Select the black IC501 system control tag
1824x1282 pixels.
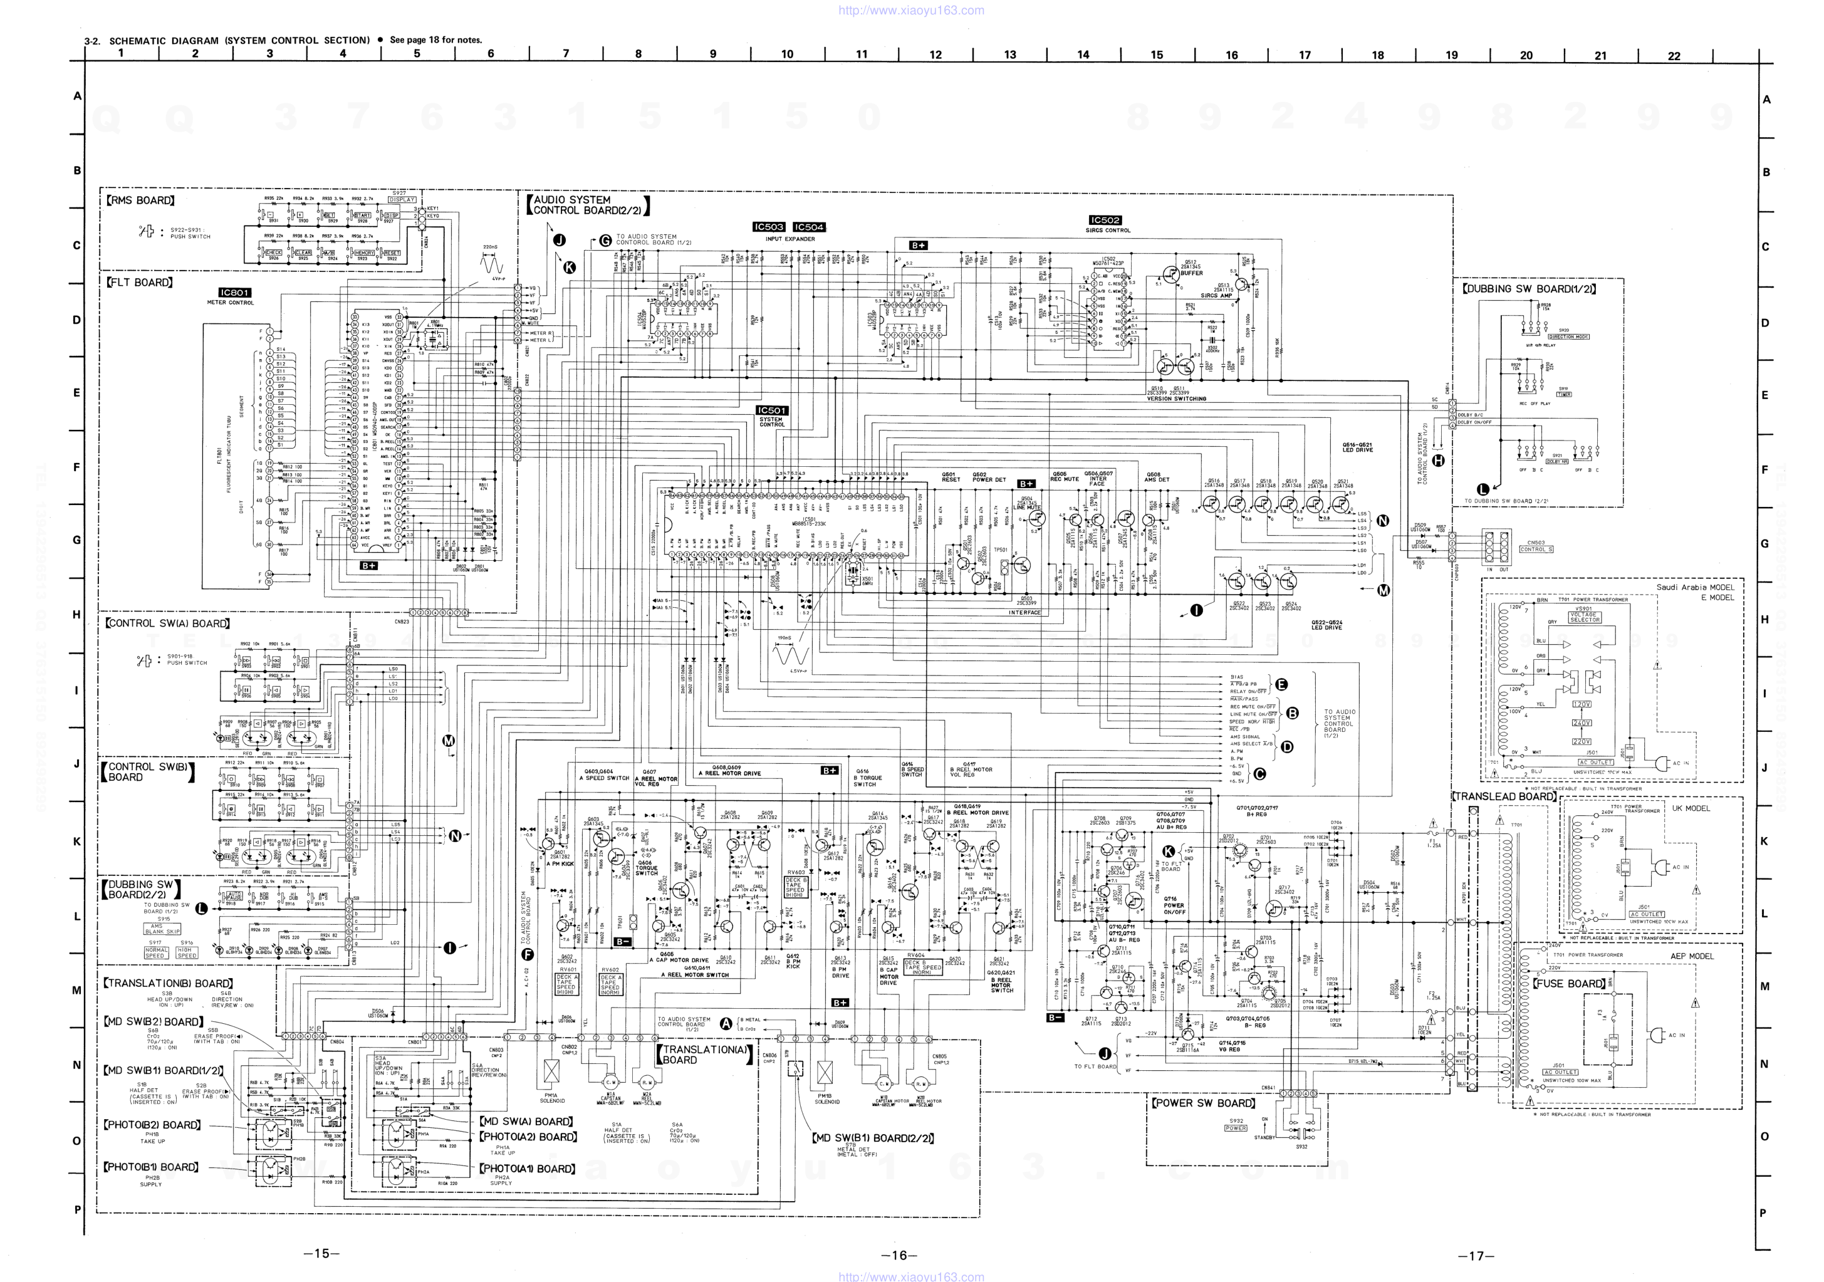771,410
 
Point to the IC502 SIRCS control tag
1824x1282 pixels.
1106,220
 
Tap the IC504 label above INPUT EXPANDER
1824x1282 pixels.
809,227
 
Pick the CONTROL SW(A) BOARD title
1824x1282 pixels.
167,623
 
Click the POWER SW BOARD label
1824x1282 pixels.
1204,1103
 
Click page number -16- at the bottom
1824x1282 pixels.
899,1255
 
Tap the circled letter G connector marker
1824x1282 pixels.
605,240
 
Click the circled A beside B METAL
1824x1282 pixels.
726,1023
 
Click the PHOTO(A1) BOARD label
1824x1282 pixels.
528,1169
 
